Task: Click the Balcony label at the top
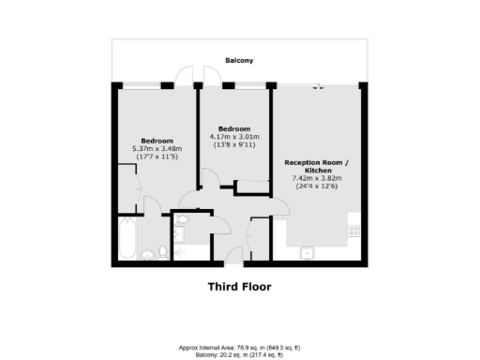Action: coord(239,60)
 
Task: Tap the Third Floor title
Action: coord(239,287)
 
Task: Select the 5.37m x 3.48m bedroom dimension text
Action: coord(157,148)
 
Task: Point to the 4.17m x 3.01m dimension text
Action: coord(233,137)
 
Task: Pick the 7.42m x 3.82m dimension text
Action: coord(317,177)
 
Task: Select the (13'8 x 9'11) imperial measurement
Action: coord(233,145)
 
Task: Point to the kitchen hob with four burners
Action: coord(354,227)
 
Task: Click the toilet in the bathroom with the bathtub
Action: coord(163,251)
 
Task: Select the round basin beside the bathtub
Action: coord(147,253)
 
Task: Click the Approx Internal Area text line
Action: coord(239,347)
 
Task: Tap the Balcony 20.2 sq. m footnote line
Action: coord(239,354)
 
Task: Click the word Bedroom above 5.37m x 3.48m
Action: coord(157,140)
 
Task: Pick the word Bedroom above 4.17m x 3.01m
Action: coord(233,128)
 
